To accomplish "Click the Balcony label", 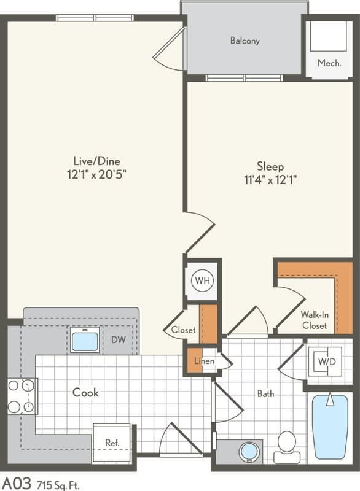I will [245, 41].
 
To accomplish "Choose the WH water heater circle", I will [202, 282].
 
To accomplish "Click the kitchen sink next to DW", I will [85, 339].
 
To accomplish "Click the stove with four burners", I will [22, 396].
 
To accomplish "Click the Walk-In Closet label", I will [314, 320].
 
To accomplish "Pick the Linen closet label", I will [205, 361].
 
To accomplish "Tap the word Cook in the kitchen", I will [85, 392].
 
